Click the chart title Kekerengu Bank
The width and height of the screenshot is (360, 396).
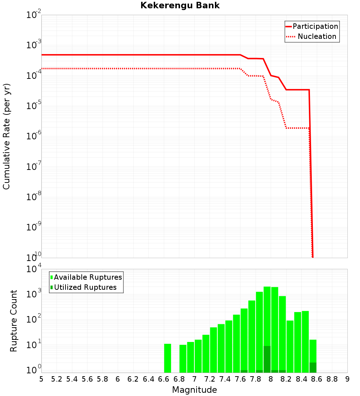(x=180, y=6)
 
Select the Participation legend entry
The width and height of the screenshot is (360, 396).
(x=312, y=27)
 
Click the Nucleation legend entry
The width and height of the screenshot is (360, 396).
(x=312, y=37)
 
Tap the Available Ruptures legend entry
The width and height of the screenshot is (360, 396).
(x=86, y=277)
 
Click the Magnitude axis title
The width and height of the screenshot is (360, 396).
(x=194, y=390)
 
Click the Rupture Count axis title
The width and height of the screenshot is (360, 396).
(x=14, y=321)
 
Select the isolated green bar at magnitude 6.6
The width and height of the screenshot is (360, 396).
(x=167, y=358)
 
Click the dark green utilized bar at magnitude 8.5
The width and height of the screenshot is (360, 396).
(x=313, y=368)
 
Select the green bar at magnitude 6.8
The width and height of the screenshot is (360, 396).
(x=183, y=359)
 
